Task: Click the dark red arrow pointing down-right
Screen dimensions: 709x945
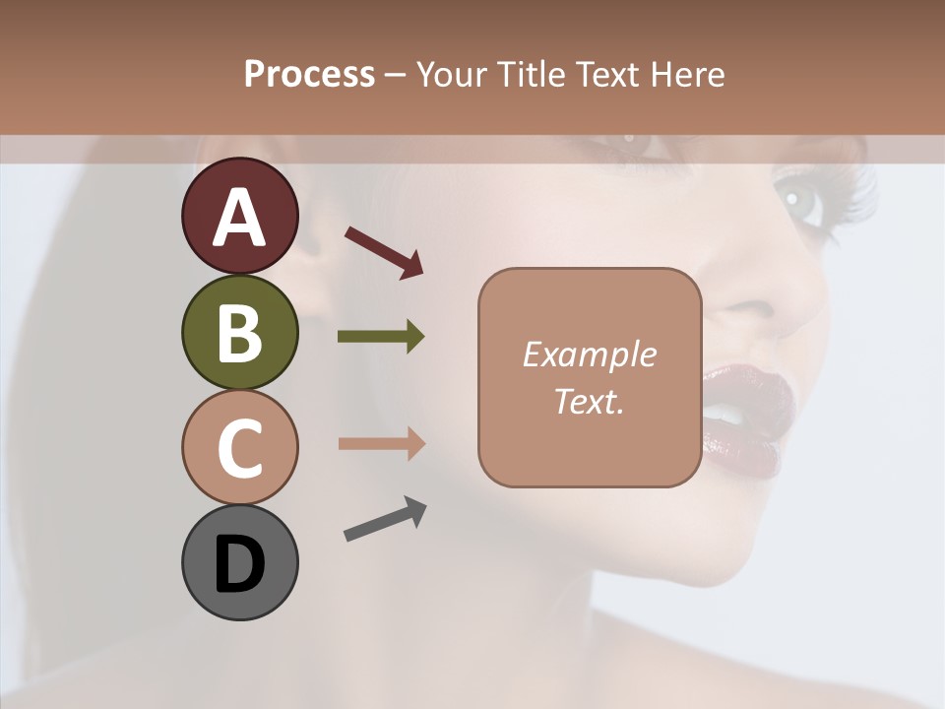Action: (x=384, y=251)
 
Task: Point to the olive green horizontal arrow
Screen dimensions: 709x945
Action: (x=381, y=337)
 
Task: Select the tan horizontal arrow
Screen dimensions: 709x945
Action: (x=381, y=444)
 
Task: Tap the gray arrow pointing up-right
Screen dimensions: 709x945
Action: (x=385, y=519)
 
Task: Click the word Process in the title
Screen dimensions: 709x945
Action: (x=309, y=75)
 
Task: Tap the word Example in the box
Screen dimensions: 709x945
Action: (x=589, y=354)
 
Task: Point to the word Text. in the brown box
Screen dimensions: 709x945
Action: (x=589, y=401)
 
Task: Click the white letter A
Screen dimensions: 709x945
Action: (x=239, y=218)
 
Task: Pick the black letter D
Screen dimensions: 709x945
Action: (x=239, y=564)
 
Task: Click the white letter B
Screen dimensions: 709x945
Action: (x=239, y=333)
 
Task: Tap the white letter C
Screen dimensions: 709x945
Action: (x=239, y=448)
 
